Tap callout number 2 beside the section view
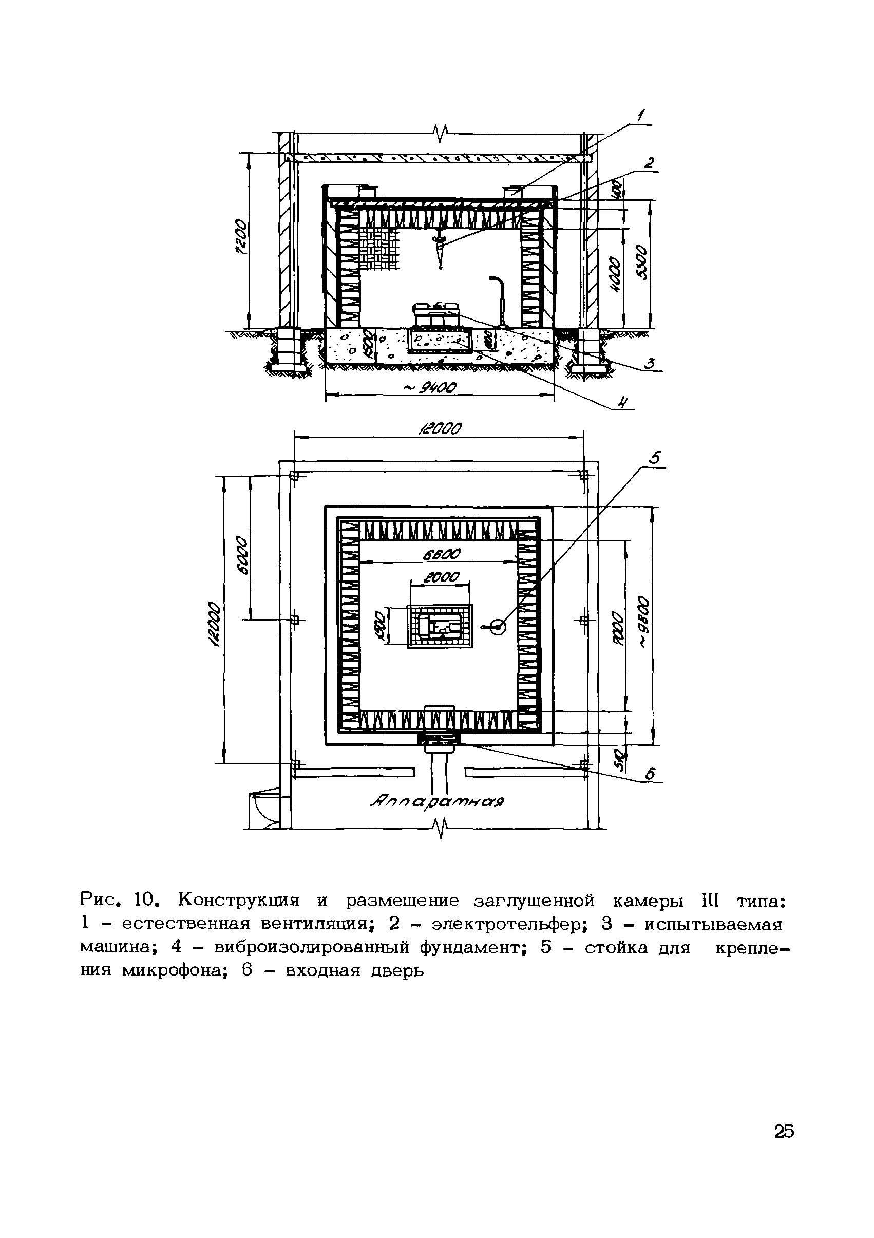[x=650, y=163]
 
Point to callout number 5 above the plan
[x=655, y=458]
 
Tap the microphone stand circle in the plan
[x=496, y=627]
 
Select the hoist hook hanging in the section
[x=440, y=250]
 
